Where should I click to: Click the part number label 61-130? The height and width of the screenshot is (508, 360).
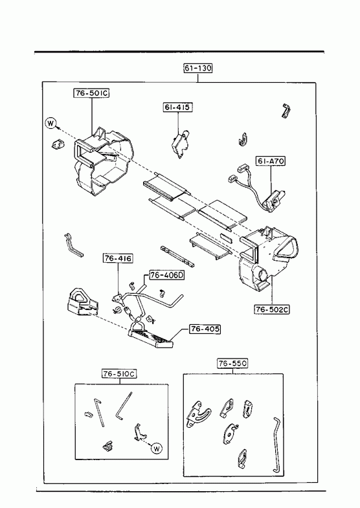tap(198, 68)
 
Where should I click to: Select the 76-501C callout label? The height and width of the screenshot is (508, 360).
tap(91, 93)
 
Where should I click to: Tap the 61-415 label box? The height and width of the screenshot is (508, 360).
tap(177, 107)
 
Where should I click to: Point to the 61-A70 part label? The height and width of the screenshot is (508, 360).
tap(271, 161)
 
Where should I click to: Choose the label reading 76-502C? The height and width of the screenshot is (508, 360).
tap(271, 310)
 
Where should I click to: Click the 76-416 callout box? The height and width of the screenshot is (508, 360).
tap(118, 259)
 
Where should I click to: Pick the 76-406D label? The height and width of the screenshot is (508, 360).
tap(167, 276)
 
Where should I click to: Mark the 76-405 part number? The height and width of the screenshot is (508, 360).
tap(205, 329)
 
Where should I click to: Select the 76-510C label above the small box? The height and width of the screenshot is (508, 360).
tap(119, 374)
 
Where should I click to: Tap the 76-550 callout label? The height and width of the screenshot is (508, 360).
tap(232, 364)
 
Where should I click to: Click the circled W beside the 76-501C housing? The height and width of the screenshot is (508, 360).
tap(51, 123)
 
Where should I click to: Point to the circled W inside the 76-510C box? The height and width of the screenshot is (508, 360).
tap(157, 448)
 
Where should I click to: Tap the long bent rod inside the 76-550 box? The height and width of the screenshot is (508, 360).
tap(276, 445)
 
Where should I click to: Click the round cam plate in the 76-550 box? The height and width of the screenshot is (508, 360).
tap(231, 434)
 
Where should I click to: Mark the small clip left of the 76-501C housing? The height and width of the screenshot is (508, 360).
tap(58, 144)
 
